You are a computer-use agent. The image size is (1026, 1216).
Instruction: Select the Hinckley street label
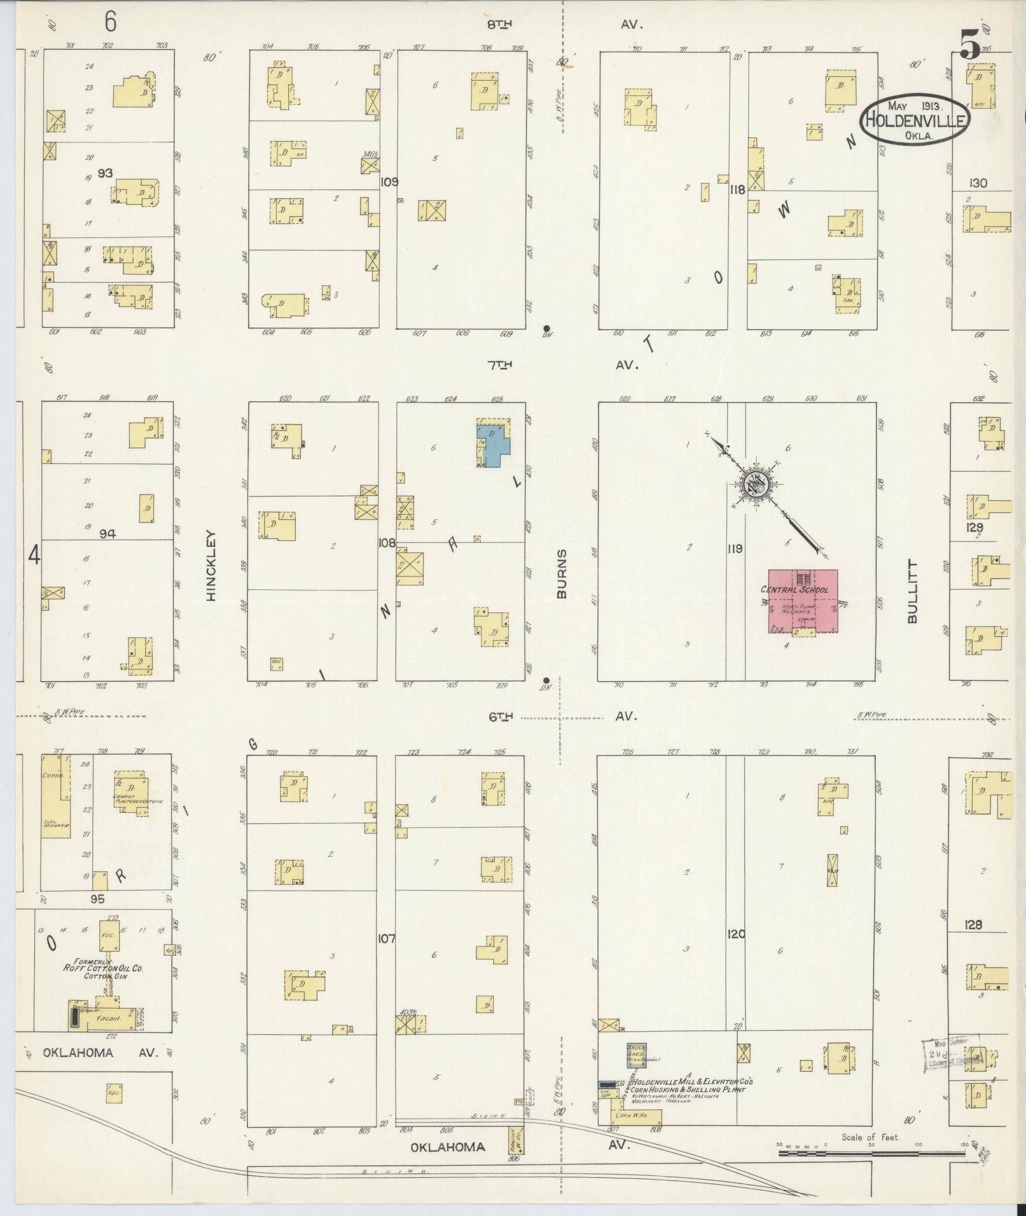point(211,565)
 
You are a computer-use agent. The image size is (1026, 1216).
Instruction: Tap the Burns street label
point(562,574)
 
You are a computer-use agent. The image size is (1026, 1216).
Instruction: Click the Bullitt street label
point(913,591)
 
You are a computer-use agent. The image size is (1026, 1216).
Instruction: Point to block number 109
point(389,182)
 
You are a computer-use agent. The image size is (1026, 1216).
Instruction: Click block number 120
point(736,934)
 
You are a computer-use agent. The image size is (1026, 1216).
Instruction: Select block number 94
point(107,534)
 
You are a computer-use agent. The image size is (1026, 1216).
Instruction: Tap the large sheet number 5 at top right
point(969,46)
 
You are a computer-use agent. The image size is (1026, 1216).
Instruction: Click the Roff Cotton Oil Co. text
point(102,968)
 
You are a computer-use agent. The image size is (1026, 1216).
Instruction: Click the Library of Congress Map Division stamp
point(952,1055)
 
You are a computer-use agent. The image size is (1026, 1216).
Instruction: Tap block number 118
point(737,189)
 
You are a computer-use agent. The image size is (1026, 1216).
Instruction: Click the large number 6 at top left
point(111,23)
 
